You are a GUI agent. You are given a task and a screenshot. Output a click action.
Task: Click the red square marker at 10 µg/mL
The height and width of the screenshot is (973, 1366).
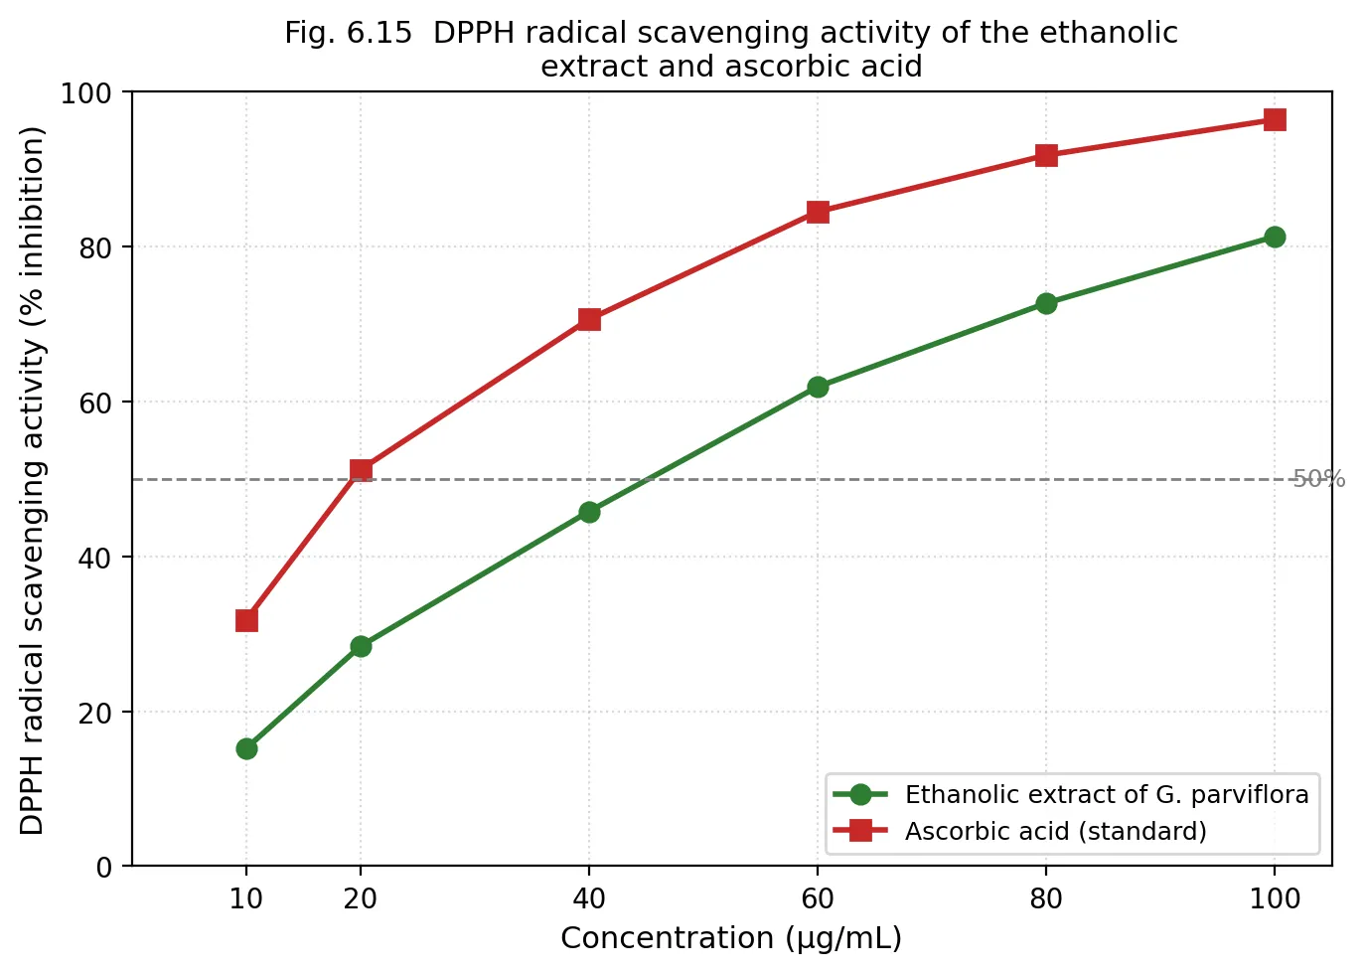[x=246, y=620]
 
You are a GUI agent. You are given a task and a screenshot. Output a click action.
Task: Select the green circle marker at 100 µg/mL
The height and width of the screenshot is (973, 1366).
[x=1275, y=237]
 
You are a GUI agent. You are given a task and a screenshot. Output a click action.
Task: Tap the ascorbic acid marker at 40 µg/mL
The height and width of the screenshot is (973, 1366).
[x=589, y=319]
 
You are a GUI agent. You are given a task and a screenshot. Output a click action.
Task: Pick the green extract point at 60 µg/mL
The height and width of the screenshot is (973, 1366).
[x=818, y=387]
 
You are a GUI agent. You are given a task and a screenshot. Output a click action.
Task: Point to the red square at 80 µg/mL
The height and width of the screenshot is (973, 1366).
[x=1046, y=156]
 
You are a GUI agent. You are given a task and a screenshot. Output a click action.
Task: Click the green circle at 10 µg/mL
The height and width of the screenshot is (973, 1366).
[x=246, y=748]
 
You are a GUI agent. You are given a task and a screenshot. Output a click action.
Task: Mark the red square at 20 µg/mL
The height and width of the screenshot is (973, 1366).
[x=361, y=470]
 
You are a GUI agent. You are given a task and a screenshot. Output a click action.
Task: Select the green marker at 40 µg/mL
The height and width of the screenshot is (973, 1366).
[x=589, y=513]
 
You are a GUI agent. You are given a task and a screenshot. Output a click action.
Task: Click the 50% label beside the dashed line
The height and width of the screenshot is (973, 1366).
[x=1319, y=479]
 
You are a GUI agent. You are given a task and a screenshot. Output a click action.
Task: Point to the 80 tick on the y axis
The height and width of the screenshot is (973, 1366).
[x=95, y=247]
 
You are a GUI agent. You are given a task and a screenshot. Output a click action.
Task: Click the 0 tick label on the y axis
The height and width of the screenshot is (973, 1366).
[x=104, y=867]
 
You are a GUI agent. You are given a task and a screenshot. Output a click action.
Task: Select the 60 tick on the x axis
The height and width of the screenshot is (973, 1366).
[x=818, y=899]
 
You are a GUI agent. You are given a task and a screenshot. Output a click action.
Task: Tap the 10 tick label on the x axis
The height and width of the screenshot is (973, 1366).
[x=245, y=899]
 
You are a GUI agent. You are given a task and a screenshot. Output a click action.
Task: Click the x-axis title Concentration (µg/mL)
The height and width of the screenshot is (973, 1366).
[x=731, y=938]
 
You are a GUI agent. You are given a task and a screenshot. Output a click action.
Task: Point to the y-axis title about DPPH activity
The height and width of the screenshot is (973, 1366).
[x=32, y=481]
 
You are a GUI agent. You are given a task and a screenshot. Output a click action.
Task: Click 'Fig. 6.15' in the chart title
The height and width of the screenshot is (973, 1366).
[x=349, y=33]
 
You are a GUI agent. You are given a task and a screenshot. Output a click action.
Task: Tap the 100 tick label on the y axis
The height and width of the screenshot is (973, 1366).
[x=86, y=93]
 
